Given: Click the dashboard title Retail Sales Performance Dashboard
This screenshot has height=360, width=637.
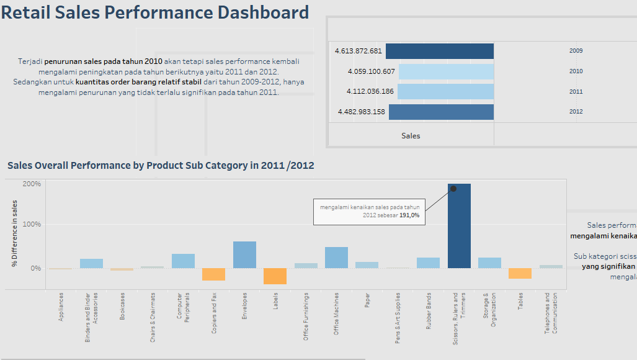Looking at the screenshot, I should click(155, 12).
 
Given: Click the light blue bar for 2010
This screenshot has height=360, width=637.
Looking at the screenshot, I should click(446, 71).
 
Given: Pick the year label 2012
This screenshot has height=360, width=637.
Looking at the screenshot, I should click(576, 112).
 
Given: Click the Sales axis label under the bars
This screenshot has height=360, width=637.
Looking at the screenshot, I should click(411, 135).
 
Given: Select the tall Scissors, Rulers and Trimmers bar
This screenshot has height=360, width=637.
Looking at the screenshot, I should click(459, 227).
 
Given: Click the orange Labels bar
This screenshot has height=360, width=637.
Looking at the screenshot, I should click(275, 276).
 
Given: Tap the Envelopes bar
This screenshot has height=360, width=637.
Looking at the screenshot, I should click(244, 254).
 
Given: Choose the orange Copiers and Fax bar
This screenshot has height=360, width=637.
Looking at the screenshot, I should click(213, 274).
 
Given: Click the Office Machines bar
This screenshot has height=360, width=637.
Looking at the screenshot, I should click(336, 258).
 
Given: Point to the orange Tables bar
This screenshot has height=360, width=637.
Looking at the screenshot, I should click(520, 273).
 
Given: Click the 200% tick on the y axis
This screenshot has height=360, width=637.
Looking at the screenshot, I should click(32, 184).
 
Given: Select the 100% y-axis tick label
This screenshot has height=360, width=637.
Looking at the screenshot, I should click(32, 224).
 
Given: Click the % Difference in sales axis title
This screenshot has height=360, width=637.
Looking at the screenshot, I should click(14, 234).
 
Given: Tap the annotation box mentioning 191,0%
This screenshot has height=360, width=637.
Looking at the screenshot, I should click(370, 211).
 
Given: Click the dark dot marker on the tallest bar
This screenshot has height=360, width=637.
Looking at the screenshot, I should click(453, 189).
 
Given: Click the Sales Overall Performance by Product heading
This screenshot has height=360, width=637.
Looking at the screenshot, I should click(161, 166).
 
